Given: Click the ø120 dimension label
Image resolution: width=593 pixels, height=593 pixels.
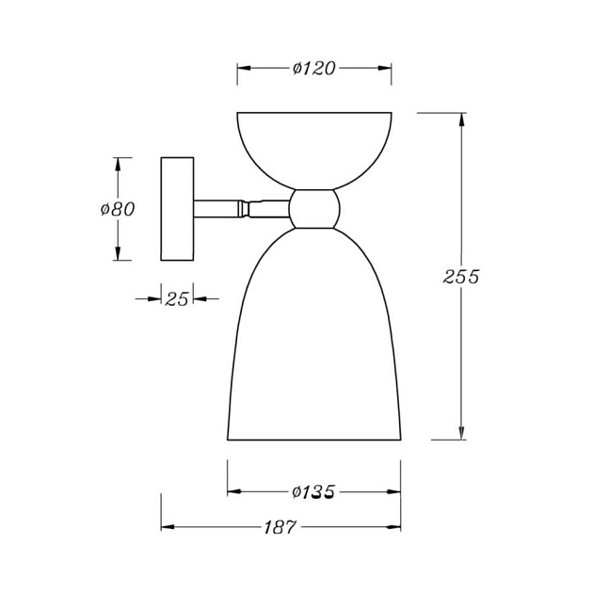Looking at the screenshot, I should click(x=314, y=68).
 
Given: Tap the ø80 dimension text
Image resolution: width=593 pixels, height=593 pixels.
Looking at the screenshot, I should click(x=118, y=209).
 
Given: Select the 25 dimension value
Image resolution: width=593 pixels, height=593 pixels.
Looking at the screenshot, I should click(x=176, y=298).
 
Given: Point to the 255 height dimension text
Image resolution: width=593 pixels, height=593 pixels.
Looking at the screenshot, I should click(x=461, y=277).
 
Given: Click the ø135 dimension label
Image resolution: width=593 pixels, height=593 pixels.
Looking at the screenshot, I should click(x=314, y=491).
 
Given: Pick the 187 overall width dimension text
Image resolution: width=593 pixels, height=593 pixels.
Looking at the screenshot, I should click(x=280, y=527).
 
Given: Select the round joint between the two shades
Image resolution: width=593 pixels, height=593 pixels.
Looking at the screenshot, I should click(x=313, y=208).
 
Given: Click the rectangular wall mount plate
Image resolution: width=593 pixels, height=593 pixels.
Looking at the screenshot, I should click(x=177, y=208).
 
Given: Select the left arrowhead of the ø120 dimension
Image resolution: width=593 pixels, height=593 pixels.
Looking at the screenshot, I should click(x=243, y=68).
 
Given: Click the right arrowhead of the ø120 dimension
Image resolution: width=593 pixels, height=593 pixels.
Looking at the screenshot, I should click(x=385, y=68).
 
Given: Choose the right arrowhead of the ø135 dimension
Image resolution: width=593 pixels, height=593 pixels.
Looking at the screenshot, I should click(x=394, y=491).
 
